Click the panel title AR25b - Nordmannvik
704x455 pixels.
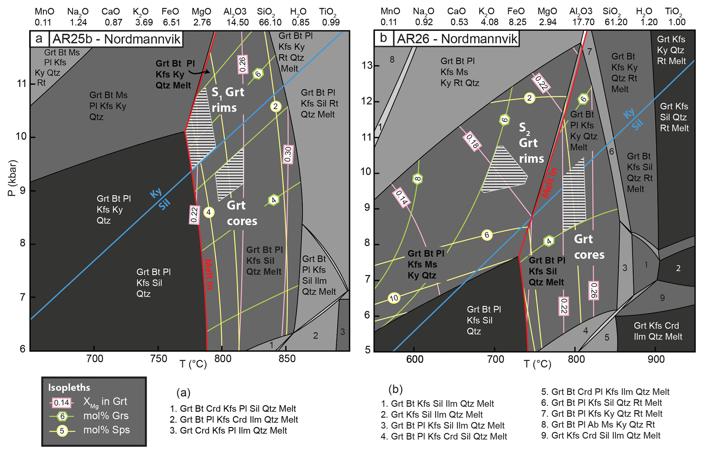(x=116, y=39)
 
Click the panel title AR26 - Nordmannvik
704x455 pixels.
(x=457, y=39)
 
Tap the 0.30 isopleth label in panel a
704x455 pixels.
(x=288, y=154)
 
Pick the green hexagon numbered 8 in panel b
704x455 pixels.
(x=418, y=179)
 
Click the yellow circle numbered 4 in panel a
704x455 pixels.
(x=209, y=212)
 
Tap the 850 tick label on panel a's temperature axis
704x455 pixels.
(x=286, y=359)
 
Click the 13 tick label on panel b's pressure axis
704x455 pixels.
(x=367, y=65)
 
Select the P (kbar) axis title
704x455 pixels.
(x=12, y=178)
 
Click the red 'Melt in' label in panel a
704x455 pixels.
(x=208, y=274)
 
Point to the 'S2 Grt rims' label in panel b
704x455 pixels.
(x=531, y=143)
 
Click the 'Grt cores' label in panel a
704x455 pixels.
(x=242, y=213)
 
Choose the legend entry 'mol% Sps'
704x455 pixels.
(x=106, y=430)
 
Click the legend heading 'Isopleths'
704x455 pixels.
(x=69, y=388)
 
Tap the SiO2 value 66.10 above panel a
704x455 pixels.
(x=270, y=22)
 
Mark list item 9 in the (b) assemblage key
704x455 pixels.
(x=601, y=435)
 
